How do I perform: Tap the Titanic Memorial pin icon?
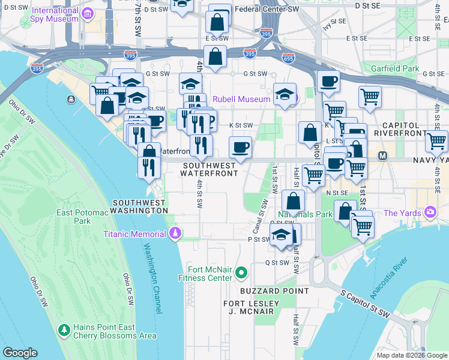(x=175, y=233)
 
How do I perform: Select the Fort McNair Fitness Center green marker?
(x=241, y=273)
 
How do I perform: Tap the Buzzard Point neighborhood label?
(x=274, y=290)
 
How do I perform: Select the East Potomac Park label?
(x=82, y=217)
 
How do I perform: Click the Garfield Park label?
(x=394, y=69)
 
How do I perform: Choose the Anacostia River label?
(x=391, y=275)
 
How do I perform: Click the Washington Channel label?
(x=152, y=278)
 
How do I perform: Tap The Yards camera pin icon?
(x=430, y=212)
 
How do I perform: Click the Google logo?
(x=20, y=353)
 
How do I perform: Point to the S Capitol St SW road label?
(x=366, y=305)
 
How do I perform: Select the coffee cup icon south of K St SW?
(x=240, y=146)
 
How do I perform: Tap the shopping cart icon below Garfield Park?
(x=370, y=96)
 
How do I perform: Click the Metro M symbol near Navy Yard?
(x=382, y=156)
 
